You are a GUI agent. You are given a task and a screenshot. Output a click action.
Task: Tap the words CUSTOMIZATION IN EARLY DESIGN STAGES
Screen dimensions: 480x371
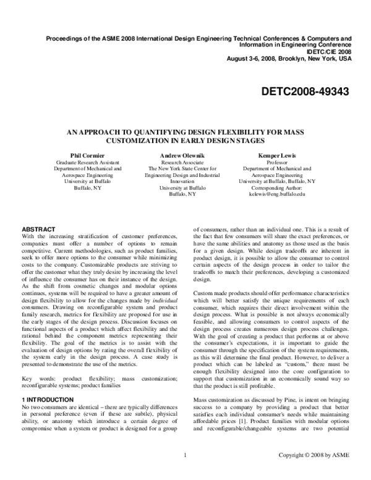click(185, 140)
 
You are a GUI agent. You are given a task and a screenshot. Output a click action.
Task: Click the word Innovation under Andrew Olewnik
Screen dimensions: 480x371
click(185, 181)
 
